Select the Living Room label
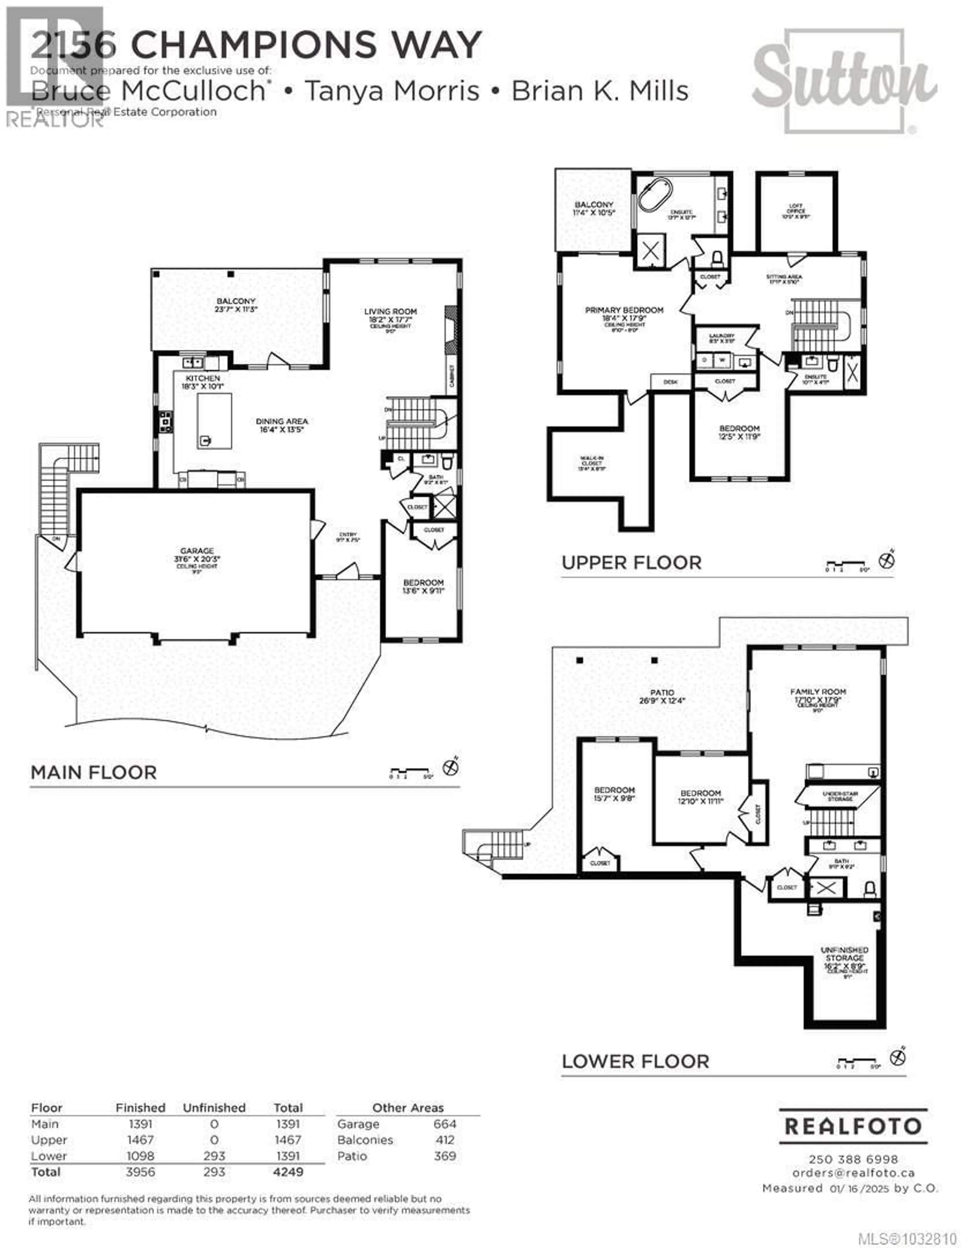tap(391, 311)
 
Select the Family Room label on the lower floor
tap(818, 691)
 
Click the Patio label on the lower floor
tap(662, 692)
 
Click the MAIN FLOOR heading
tap(94, 773)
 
